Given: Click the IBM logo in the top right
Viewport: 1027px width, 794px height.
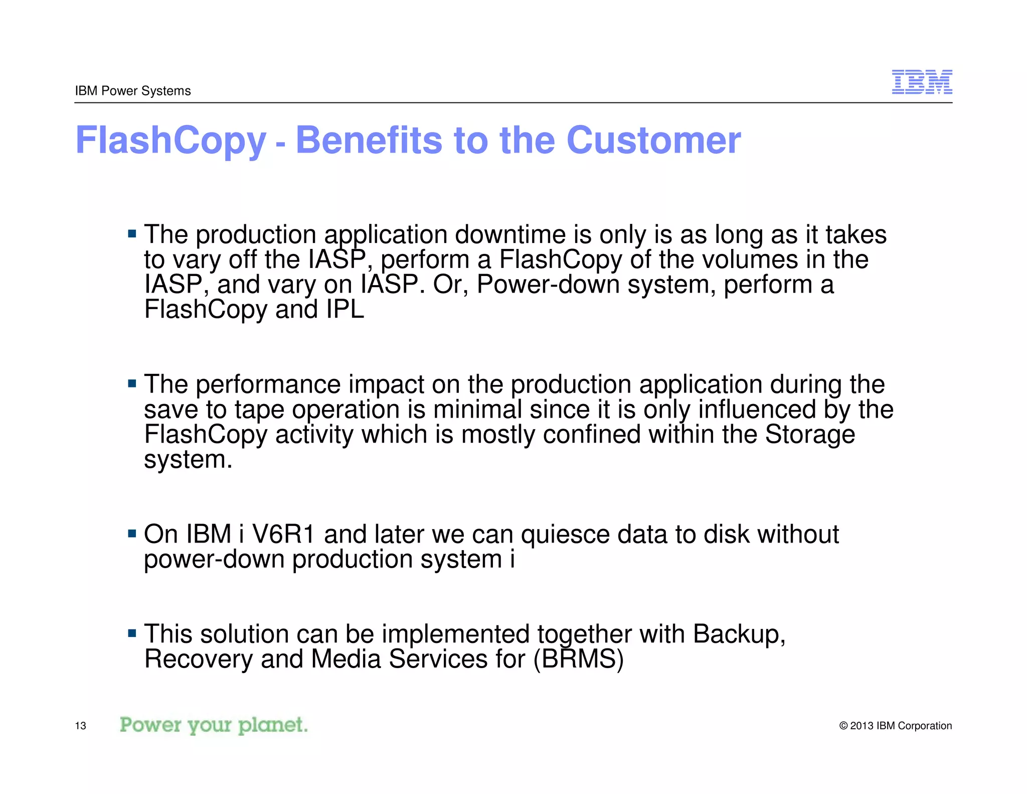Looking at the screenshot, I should tap(922, 82).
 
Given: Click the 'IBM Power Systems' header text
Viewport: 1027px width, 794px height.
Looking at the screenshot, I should tap(133, 91).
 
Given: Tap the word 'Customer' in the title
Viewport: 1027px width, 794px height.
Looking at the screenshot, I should tap(653, 140).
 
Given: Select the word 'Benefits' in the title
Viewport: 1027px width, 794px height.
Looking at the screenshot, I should tap(369, 140).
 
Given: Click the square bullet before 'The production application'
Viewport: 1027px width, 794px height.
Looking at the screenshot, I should tap(132, 233).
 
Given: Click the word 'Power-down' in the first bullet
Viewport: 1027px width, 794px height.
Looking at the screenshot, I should tap(548, 284).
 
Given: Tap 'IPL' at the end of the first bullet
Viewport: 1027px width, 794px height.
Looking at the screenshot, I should tap(345, 309).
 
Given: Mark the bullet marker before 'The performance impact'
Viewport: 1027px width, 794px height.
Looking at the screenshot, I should tap(132, 384).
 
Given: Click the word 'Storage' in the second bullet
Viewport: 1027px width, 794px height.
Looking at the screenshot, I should tap(810, 434).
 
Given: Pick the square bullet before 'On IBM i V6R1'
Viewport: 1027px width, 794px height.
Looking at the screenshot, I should tap(132, 534).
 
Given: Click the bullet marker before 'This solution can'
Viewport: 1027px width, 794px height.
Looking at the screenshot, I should tap(132, 633).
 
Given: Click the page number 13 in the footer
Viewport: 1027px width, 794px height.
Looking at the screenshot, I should tap(80, 726).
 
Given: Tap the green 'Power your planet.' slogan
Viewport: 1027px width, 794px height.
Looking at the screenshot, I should tap(214, 725).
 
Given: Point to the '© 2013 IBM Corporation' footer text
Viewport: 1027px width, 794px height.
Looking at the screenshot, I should tap(895, 726).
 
